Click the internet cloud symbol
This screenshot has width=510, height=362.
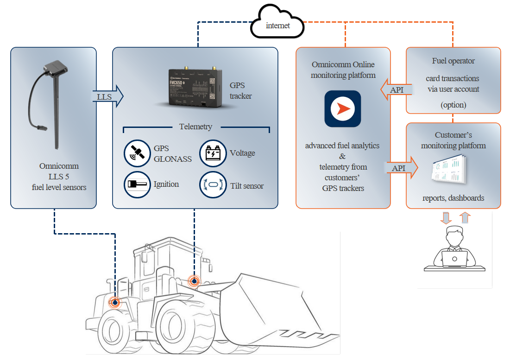tap(277, 22)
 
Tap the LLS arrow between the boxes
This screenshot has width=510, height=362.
tap(108, 96)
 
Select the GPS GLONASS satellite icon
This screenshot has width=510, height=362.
tap(137, 153)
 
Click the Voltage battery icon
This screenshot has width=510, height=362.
tap(213, 153)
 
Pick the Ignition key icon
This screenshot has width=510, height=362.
tap(137, 184)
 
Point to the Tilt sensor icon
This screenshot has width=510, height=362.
tap(213, 184)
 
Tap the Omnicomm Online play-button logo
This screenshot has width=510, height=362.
tap(342, 109)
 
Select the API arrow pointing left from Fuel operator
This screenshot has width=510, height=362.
tap(396, 89)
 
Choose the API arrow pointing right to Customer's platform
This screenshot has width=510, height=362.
tap(402, 168)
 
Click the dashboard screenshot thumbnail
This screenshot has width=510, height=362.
tap(449, 169)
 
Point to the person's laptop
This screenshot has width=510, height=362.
tap(455, 259)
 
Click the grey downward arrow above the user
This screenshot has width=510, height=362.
tap(446, 218)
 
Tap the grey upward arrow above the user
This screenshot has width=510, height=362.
tap(465, 217)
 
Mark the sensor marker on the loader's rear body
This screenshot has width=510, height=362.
tap(115, 302)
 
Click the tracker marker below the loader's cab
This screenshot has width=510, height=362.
tap(194, 281)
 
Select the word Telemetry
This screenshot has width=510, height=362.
tap(195, 127)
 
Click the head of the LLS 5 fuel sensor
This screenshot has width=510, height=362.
tap(56, 67)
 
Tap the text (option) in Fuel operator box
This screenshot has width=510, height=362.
tap(453, 105)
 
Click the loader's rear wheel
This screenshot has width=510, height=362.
tap(113, 331)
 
